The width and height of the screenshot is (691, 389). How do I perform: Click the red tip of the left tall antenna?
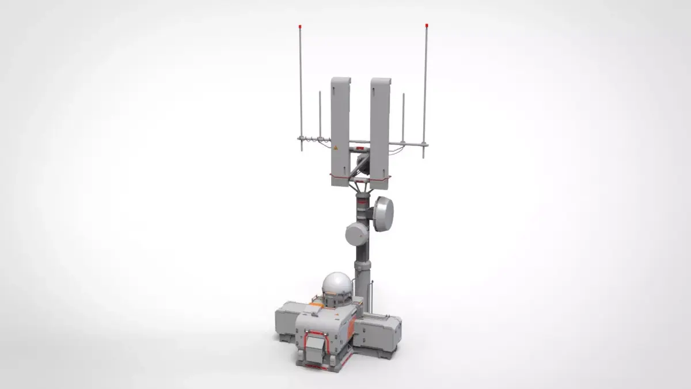tap(299, 27)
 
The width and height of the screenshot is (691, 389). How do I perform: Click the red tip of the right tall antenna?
tap(426, 26)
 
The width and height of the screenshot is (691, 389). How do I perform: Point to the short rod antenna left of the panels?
tap(320, 115)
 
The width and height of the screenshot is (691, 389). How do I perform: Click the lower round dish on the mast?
tap(356, 234)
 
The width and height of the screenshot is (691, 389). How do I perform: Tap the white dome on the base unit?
tap(336, 285)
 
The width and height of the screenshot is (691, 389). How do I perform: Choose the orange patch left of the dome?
tap(316, 301)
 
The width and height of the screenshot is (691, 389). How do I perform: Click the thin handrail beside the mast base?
tap(373, 297)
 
